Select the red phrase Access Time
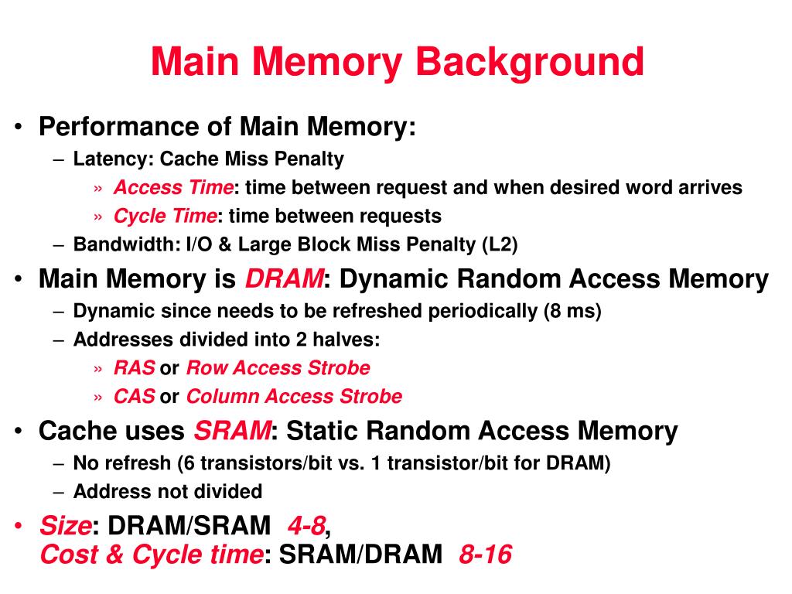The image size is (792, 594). click(x=173, y=188)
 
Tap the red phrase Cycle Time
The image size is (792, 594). click(x=166, y=216)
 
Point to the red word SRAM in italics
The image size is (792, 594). click(x=232, y=431)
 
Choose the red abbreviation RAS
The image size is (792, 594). click(x=135, y=368)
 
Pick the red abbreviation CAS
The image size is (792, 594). click(x=135, y=397)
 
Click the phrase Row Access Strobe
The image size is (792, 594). click(x=278, y=368)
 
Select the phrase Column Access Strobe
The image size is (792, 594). click(x=295, y=397)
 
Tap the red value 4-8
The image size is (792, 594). click(x=306, y=527)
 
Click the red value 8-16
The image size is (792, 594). click(x=485, y=555)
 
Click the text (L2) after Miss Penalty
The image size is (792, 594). click(x=500, y=245)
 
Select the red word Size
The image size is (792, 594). click(x=65, y=527)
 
